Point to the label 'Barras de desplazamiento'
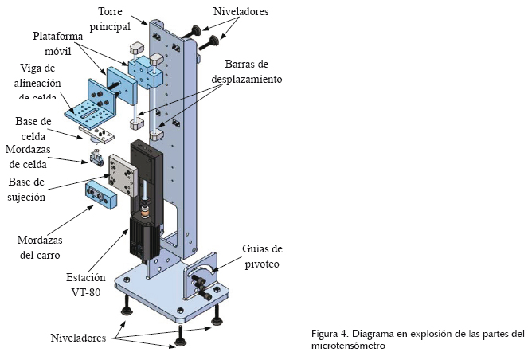[246, 72]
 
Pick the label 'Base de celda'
[33, 128]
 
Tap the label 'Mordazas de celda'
[33, 157]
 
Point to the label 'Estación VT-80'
[84, 284]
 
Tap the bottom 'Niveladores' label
[78, 338]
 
